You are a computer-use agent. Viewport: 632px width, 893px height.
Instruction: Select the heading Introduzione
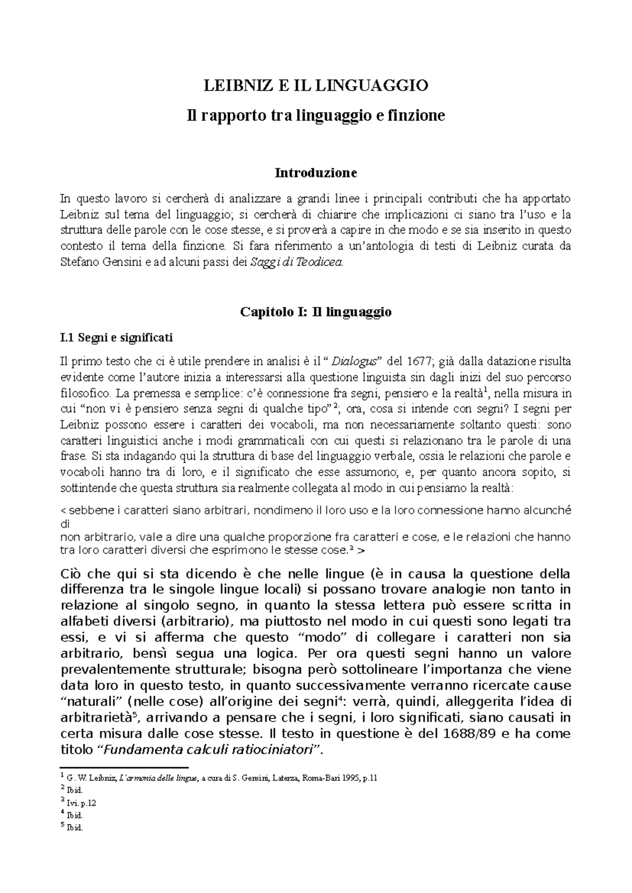[x=316, y=173]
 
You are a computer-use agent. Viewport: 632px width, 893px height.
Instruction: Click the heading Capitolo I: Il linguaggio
[x=316, y=312]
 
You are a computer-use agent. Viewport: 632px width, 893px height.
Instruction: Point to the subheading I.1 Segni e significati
[x=116, y=338]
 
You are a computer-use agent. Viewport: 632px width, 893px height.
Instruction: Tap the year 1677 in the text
[x=418, y=362]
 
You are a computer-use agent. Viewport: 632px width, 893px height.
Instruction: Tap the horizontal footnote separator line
[x=124, y=768]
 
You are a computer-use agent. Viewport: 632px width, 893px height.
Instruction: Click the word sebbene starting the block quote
[x=87, y=510]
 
